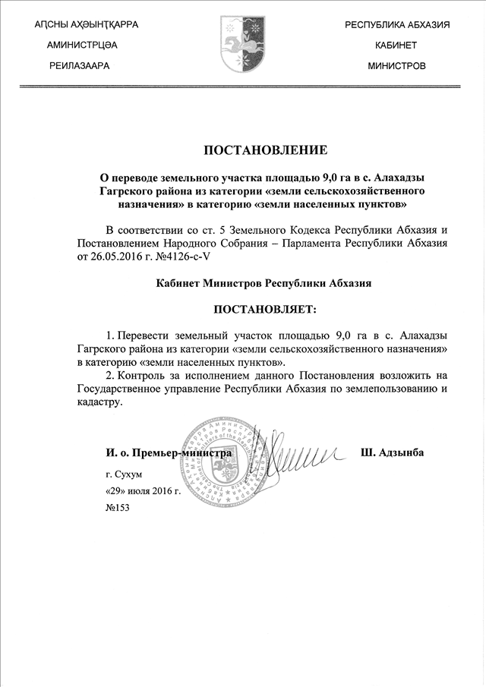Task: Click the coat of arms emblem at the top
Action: (x=242, y=45)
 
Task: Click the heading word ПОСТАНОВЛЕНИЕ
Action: (x=243, y=149)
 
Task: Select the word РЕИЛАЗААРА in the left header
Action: (x=80, y=66)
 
